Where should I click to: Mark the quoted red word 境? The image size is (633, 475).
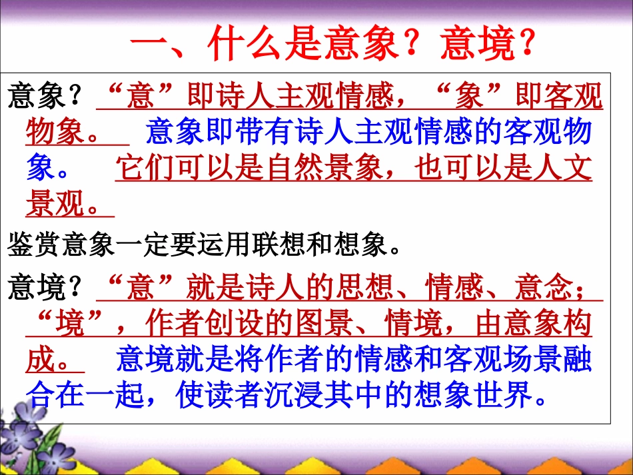[x=70, y=325]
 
